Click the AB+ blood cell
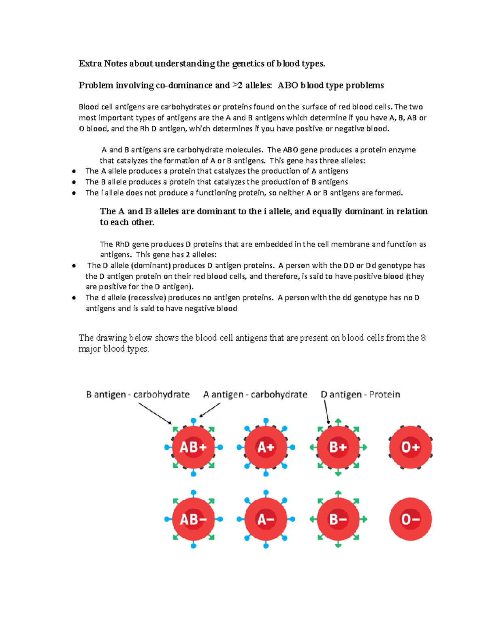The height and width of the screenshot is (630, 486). point(193,447)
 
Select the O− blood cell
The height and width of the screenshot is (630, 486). point(410,519)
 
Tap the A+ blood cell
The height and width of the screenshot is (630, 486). point(266,447)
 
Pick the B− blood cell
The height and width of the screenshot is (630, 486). point(338,519)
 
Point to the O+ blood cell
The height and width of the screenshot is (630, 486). point(410,447)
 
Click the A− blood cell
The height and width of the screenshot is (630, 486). point(266,519)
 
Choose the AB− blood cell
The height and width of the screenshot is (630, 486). point(193,519)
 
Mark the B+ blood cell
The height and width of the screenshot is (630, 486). point(338,447)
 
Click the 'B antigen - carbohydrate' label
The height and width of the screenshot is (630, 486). point(138,394)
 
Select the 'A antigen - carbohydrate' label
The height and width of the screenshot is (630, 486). point(255,394)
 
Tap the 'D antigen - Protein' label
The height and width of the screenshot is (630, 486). point(360,394)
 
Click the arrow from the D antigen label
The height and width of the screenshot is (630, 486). point(326,412)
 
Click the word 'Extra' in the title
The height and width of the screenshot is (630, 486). point(90,64)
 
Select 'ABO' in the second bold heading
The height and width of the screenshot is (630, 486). point(288,85)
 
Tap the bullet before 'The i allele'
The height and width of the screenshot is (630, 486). point(74,193)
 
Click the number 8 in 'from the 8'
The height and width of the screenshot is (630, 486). point(423,338)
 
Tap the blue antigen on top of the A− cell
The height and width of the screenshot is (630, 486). point(266,493)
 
